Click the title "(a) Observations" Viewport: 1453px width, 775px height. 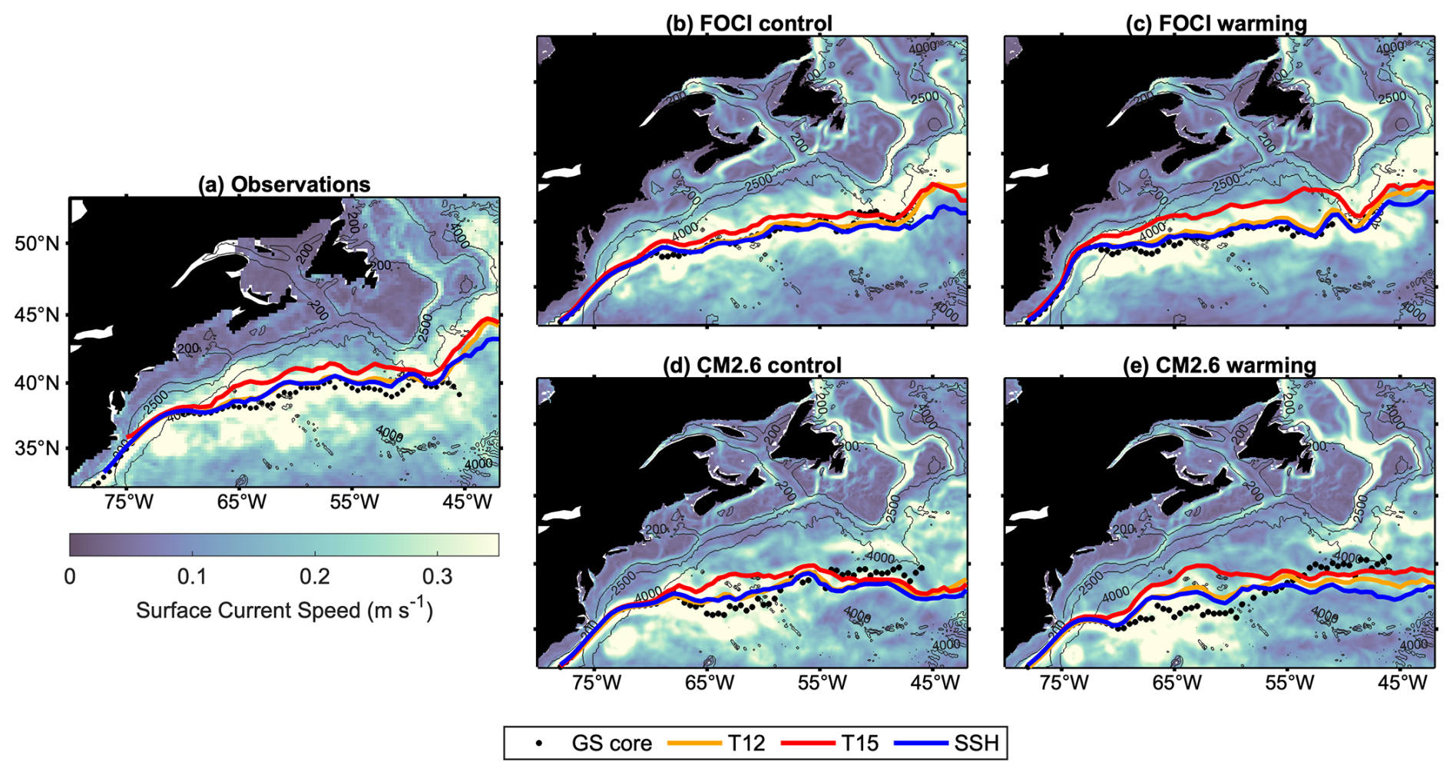coord(284,184)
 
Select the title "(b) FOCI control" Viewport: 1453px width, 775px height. coord(749,24)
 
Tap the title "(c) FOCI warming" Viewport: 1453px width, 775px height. coord(1216,24)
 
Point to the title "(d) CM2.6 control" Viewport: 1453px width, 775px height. coord(752,365)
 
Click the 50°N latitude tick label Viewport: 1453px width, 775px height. coord(36,243)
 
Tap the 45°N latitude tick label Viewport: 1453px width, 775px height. coord(36,315)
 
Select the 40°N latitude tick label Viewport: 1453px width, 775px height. coord(36,383)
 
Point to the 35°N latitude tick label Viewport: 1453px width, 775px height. coord(36,449)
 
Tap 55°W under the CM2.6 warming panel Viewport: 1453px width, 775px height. coord(1289,682)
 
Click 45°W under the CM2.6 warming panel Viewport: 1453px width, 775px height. coord(1402,682)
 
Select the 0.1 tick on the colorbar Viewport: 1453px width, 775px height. coord(192,576)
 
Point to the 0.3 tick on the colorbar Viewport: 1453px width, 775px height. coord(437,576)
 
